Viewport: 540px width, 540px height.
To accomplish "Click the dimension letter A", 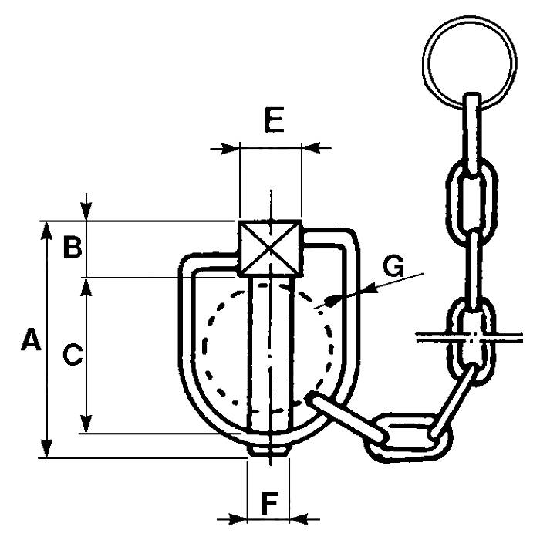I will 30,340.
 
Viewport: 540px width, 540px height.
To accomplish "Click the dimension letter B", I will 72,248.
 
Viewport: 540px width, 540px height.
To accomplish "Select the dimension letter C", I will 72,354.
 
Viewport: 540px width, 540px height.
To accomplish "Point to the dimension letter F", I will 268,503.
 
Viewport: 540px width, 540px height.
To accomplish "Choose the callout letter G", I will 394,267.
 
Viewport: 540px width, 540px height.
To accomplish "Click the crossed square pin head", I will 268,247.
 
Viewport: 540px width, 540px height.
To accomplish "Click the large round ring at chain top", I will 468,57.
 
